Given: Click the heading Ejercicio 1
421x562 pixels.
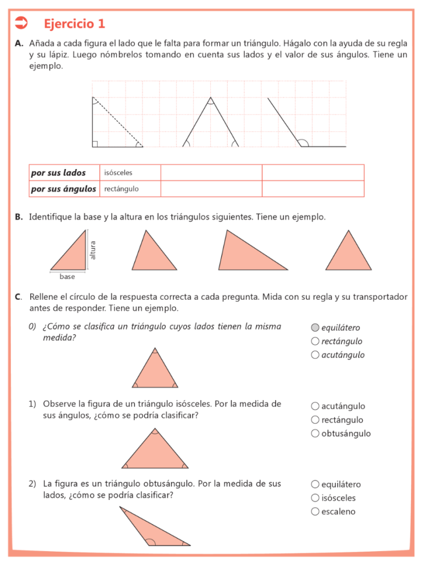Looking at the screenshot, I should [x=74, y=24].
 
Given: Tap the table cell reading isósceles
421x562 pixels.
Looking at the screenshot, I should [x=119, y=173].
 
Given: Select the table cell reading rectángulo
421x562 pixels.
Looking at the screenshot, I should [x=121, y=189].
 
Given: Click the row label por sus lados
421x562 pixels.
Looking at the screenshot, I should [x=58, y=173].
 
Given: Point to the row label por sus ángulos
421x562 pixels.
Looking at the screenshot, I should [x=64, y=189].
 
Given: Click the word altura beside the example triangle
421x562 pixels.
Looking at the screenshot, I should [x=93, y=250].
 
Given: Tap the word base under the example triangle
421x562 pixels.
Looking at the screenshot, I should [x=68, y=277].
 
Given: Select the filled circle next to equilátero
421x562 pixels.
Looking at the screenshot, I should [x=315, y=328].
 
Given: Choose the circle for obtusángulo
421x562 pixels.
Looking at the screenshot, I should [x=315, y=434].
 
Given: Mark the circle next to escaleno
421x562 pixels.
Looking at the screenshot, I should [x=315, y=512].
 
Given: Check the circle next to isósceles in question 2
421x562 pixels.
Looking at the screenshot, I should [x=315, y=498].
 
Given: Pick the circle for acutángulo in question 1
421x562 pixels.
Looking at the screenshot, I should [x=315, y=406].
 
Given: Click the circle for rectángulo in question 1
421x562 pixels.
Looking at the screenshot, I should [x=315, y=420].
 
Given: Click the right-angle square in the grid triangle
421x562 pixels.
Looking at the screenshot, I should [x=95, y=144].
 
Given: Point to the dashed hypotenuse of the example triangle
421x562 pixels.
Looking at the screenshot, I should [x=118, y=122].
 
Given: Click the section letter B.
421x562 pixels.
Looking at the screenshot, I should [x=19, y=217].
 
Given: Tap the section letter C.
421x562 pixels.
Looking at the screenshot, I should [x=19, y=297].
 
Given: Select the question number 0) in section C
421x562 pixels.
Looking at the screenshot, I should [x=32, y=327].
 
